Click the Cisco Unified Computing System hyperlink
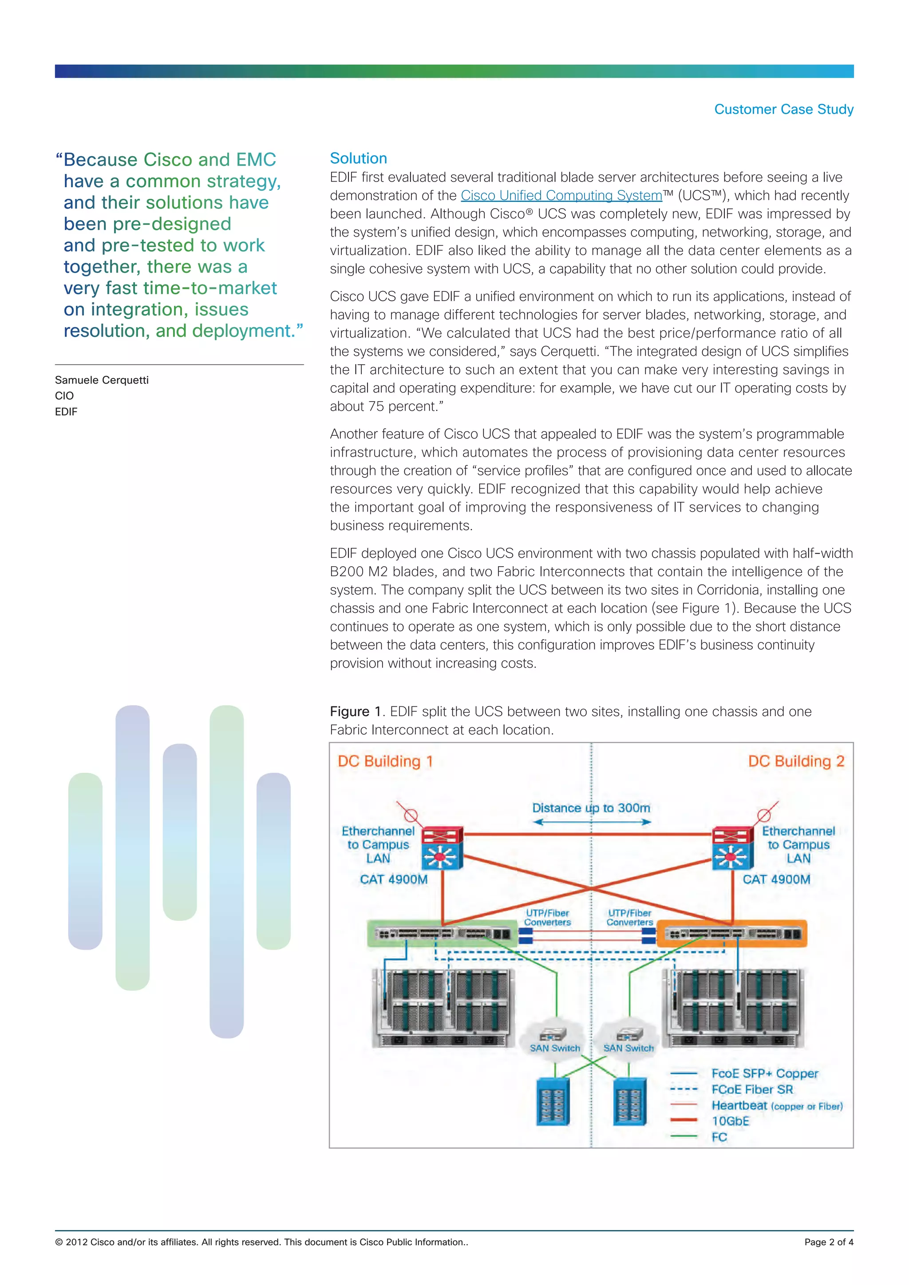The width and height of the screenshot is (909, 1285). [x=561, y=195]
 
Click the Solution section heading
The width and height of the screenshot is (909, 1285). [x=358, y=158]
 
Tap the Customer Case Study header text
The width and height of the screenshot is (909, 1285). [x=784, y=109]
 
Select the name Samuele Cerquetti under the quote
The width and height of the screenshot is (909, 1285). [x=102, y=380]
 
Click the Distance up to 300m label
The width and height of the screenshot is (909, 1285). [x=591, y=808]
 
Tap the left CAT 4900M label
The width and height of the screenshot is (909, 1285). [x=394, y=879]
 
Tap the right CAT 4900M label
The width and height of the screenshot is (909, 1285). [x=776, y=879]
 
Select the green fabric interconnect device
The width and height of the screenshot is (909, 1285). [x=442, y=933]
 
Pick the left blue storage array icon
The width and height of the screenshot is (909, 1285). [x=553, y=1101]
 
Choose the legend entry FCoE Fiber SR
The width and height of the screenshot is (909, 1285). [x=752, y=1089]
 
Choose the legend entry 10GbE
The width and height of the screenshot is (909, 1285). [x=730, y=1121]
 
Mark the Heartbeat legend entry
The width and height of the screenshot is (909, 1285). [x=739, y=1105]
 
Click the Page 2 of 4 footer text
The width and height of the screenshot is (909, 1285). [x=828, y=1242]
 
